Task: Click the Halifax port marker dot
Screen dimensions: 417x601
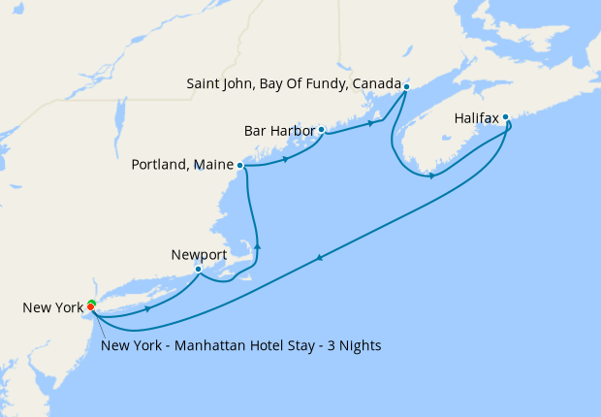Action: click(x=505, y=117)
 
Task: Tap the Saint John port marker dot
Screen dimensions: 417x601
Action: click(x=406, y=86)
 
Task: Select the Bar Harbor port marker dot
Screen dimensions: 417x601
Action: click(x=321, y=129)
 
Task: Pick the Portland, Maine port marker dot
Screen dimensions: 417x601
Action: click(x=239, y=165)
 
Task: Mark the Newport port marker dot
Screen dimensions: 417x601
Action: click(x=198, y=269)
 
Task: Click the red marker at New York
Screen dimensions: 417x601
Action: click(x=91, y=306)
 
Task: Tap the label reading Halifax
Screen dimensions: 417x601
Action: click(x=476, y=118)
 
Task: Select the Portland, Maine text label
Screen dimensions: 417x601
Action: click(x=182, y=165)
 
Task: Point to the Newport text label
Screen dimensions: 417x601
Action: click(x=198, y=255)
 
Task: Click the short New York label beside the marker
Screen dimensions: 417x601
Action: click(x=53, y=307)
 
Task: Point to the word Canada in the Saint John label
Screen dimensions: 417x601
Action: click(x=377, y=85)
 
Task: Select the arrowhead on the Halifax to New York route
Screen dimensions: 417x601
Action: click(x=320, y=257)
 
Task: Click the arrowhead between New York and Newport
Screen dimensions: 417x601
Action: click(x=146, y=308)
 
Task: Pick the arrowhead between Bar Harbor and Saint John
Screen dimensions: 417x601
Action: click(x=370, y=123)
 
